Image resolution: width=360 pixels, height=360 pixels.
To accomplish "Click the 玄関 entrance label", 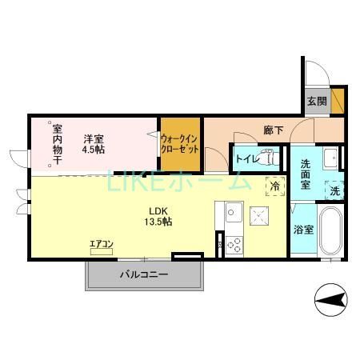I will coord(316,102).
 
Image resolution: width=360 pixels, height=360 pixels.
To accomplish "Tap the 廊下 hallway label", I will coord(274,130).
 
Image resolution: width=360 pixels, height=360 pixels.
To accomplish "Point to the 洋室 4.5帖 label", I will coord(94,142).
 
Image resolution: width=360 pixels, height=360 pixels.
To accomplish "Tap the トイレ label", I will coord(245,158).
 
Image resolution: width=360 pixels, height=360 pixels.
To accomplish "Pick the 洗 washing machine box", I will coord(335,190).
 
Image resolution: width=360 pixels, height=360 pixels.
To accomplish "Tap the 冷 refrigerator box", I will coord(274,186).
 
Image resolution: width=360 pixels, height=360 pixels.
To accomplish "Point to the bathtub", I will coord(332,232).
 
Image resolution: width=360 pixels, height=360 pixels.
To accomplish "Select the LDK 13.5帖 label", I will coord(158,217).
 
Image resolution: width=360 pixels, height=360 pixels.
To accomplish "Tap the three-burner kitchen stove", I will coord(234,244).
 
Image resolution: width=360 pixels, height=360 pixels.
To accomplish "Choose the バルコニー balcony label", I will coord(144,274).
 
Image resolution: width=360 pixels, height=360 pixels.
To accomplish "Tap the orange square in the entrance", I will coord(338,102).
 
